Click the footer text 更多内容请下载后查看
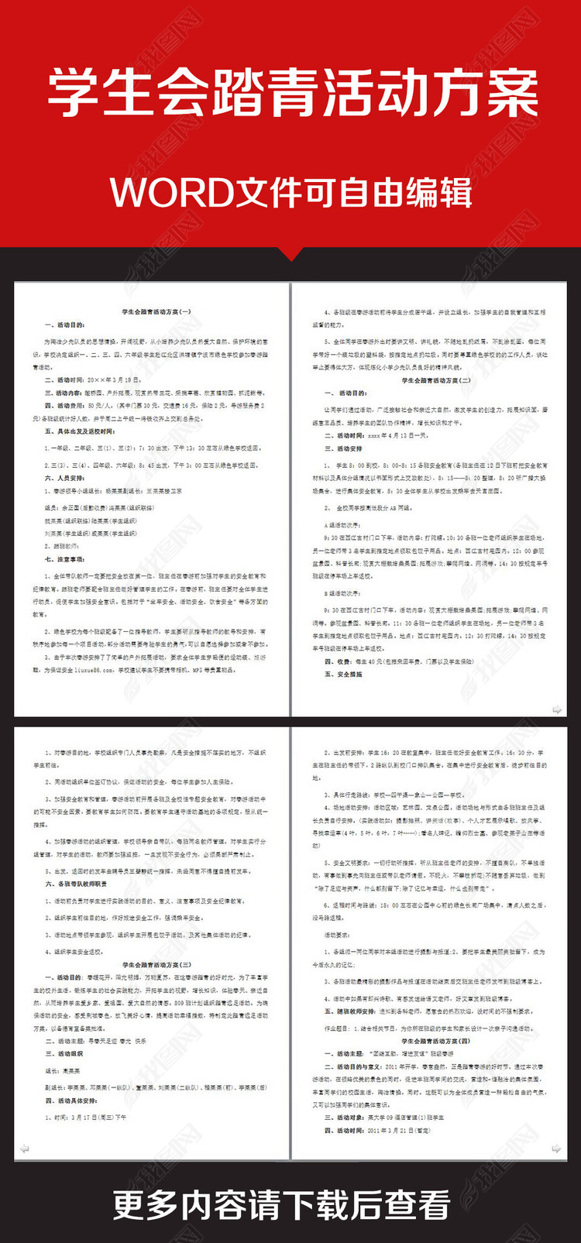click(x=282, y=1205)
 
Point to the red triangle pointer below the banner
click(x=290, y=254)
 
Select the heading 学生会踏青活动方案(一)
click(x=156, y=311)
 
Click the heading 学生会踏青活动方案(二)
click(x=435, y=380)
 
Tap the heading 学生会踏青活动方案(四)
click(x=435, y=1041)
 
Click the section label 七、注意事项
click(x=65, y=559)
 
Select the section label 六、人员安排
click(x=65, y=478)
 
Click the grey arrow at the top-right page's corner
click(x=556, y=709)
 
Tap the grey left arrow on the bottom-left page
click(x=24, y=1149)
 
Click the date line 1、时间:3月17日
click(x=85, y=1118)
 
